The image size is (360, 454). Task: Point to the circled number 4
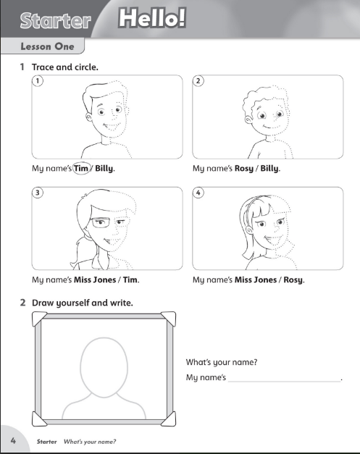199,193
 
